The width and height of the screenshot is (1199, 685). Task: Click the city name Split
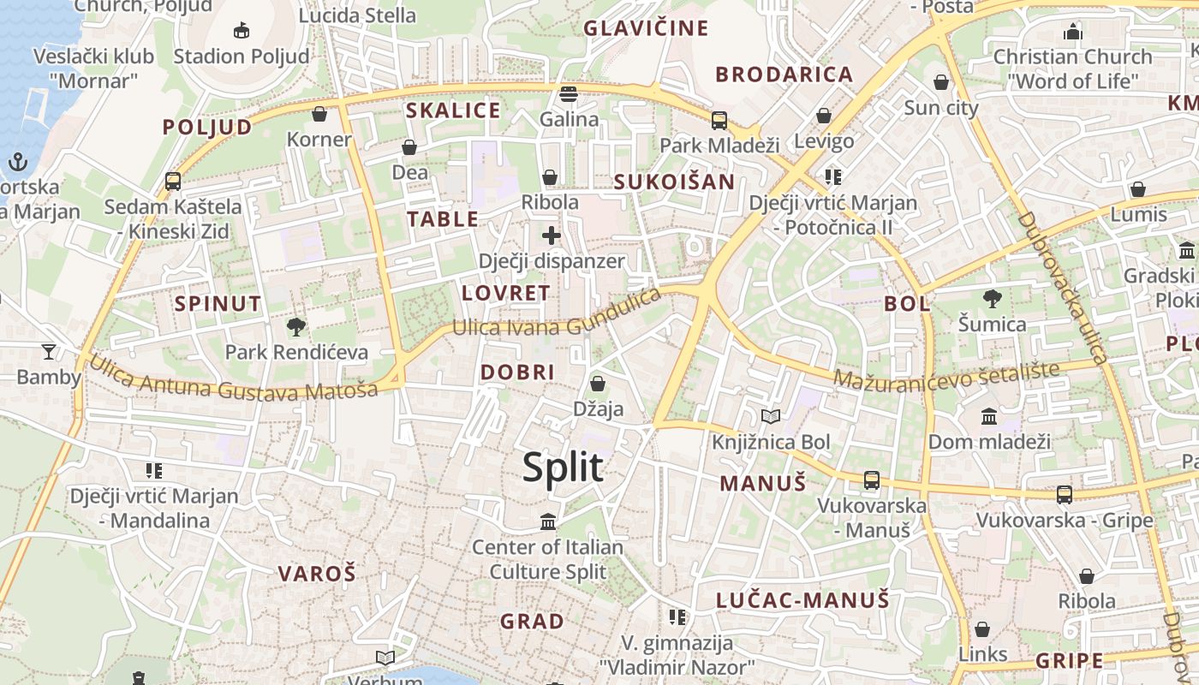click(x=563, y=468)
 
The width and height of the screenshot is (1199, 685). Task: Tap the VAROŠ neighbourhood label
click(x=316, y=574)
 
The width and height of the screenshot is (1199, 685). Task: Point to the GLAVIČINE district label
click(x=646, y=28)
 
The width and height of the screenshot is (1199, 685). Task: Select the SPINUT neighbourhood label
click(x=218, y=303)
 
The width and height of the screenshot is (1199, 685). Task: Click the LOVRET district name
click(x=505, y=293)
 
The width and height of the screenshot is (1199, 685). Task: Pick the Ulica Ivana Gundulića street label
click(x=557, y=315)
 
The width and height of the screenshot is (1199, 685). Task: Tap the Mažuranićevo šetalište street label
click(x=946, y=374)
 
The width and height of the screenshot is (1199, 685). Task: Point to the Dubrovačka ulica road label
click(x=1062, y=287)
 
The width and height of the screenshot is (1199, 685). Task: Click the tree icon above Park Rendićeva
click(x=296, y=326)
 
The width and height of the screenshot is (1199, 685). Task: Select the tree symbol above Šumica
click(x=993, y=299)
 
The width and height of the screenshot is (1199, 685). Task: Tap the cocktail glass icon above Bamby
click(x=49, y=351)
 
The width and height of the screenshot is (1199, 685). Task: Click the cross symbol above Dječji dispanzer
click(x=552, y=235)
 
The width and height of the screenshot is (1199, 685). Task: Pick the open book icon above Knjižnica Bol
click(x=771, y=417)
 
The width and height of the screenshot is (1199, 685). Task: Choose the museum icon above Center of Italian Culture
click(x=548, y=521)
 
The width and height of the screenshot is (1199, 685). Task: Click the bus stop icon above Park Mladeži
click(x=719, y=120)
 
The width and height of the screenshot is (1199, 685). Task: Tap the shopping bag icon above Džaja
click(x=598, y=384)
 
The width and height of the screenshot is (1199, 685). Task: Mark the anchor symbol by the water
click(x=16, y=161)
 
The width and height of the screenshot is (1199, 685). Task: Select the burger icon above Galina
click(x=569, y=93)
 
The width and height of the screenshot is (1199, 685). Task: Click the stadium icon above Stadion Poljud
click(x=242, y=31)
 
